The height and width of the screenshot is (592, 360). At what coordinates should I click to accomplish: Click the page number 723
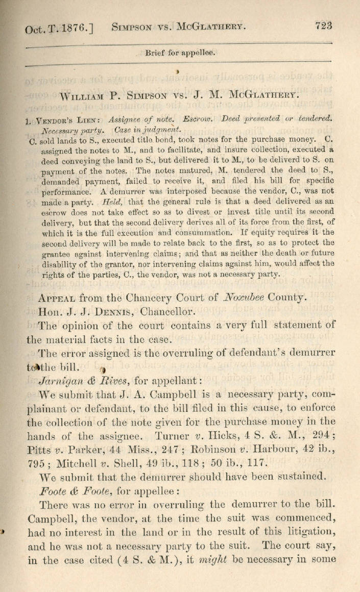coord(324,25)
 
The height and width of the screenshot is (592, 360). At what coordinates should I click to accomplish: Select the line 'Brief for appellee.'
coord(180,52)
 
